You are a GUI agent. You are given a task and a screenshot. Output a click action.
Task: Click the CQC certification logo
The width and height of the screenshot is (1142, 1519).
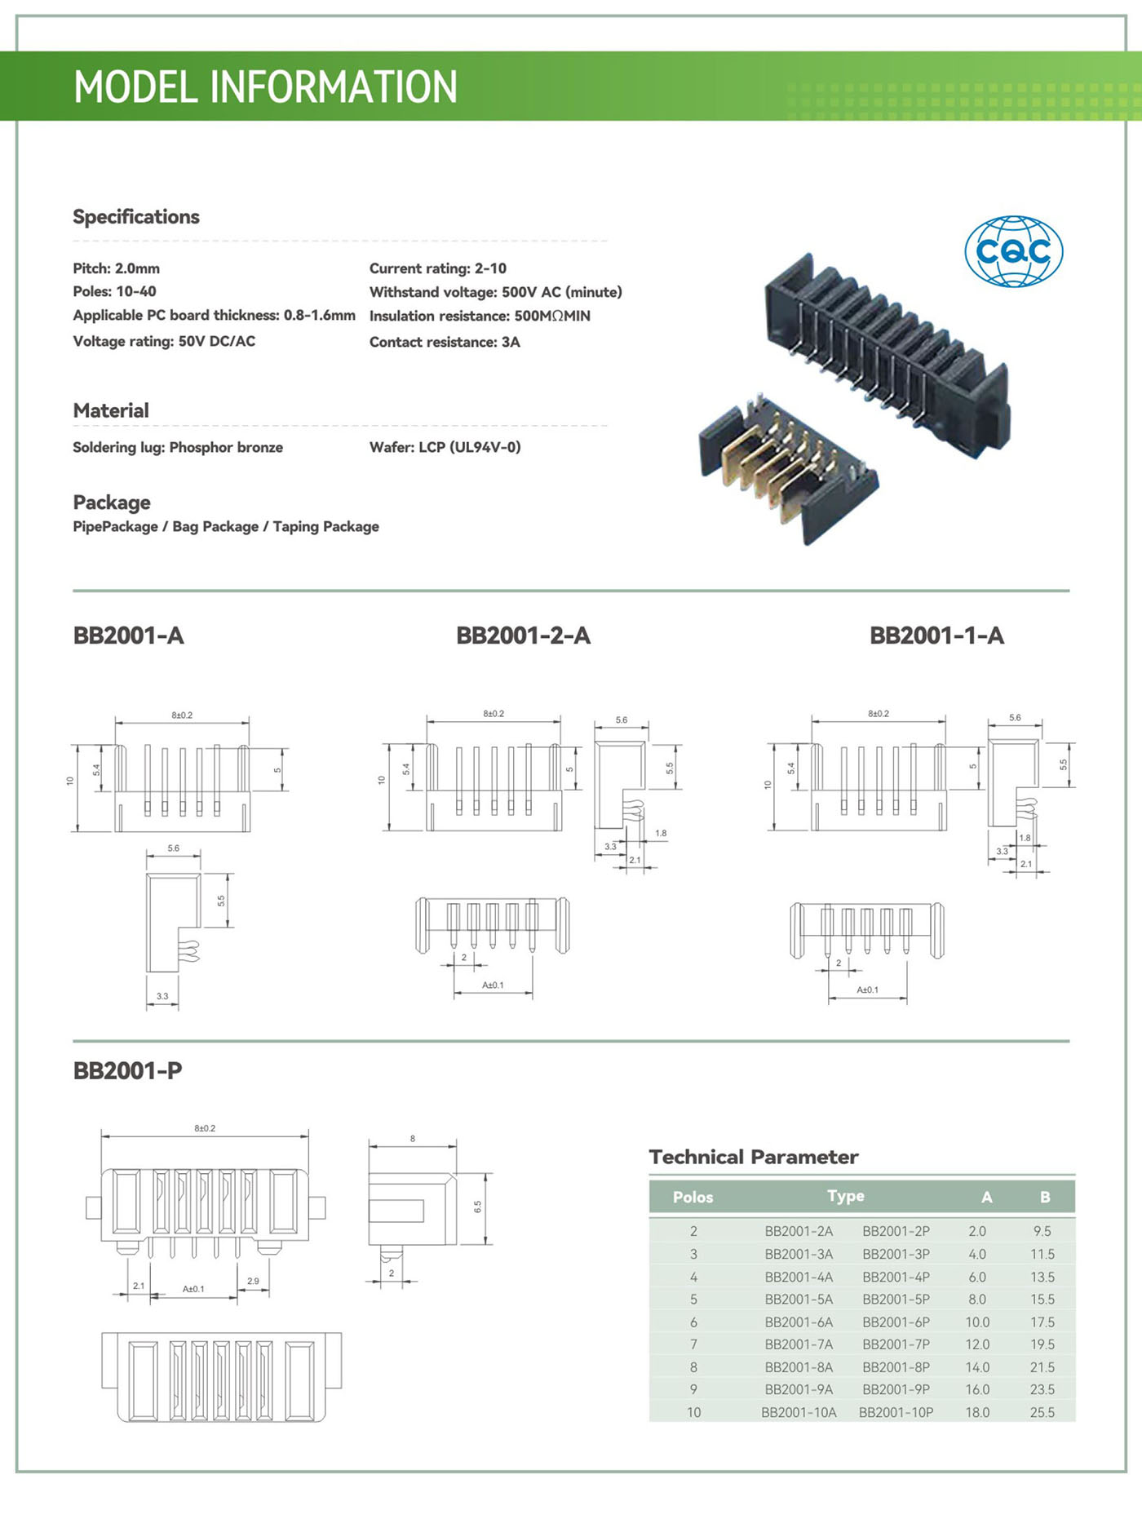pos(1013,251)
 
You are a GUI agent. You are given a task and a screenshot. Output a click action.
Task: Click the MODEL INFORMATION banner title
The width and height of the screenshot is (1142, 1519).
pos(265,87)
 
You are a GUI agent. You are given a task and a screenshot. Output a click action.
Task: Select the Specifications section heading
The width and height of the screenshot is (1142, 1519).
pos(136,217)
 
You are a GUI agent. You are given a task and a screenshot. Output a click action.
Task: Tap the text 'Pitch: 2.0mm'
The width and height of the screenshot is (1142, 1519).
pos(116,268)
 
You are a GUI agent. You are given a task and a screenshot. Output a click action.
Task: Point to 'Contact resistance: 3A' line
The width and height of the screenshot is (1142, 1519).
pos(445,342)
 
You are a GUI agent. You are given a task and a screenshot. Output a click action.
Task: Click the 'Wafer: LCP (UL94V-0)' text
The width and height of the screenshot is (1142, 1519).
pos(445,447)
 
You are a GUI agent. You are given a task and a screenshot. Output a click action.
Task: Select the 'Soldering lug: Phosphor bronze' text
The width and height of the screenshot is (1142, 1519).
pos(178,447)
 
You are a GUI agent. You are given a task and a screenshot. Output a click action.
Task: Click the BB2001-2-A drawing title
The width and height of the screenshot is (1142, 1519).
pos(523,635)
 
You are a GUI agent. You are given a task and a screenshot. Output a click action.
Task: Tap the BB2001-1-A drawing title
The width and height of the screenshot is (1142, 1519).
pos(936,635)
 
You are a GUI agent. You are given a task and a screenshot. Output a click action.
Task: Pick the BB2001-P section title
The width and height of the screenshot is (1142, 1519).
pos(128,1070)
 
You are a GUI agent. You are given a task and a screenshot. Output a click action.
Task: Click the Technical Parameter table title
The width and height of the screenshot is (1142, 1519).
pos(754,1157)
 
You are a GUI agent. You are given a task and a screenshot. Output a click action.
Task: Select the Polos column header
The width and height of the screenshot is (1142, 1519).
pos(693,1197)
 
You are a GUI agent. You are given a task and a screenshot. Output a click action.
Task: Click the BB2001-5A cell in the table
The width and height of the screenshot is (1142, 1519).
pos(799,1299)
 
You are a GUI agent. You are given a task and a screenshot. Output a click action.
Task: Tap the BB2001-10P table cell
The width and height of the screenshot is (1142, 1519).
pos(896,1412)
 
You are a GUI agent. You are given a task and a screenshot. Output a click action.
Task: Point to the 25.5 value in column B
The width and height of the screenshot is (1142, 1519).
pos(1042,1412)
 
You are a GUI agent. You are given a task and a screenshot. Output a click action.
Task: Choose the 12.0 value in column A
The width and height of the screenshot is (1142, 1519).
pos(977,1344)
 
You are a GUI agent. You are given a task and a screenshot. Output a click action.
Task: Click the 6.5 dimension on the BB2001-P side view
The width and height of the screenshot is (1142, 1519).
pos(478,1207)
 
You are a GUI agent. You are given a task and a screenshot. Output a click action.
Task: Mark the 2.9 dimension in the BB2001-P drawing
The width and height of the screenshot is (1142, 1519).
pos(253,1281)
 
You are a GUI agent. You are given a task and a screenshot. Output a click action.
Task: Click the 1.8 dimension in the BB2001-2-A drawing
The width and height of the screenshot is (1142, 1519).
pos(661,833)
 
